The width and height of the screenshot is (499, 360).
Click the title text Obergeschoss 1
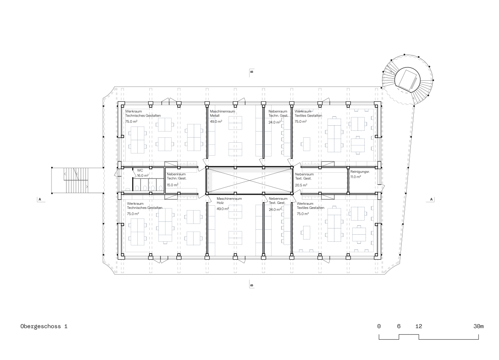pyautogui.click(x=44, y=327)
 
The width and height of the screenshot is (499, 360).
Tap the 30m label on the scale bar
pyautogui.click(x=479, y=326)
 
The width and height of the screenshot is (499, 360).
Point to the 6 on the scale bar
pyautogui.click(x=399, y=326)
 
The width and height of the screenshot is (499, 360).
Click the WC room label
pyautogui.click(x=140, y=171)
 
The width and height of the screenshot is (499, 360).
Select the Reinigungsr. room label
pyautogui.click(x=360, y=172)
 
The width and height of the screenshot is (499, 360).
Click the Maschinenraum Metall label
pyautogui.click(x=222, y=114)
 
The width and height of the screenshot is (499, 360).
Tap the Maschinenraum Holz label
pyautogui.click(x=229, y=201)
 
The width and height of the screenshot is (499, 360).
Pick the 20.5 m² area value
pyautogui.click(x=301, y=185)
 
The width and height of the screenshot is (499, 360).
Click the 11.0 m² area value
pyautogui.click(x=356, y=177)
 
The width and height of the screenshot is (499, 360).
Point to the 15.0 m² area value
pyautogui.click(x=173, y=185)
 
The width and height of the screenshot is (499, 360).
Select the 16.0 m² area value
pyautogui.click(x=143, y=176)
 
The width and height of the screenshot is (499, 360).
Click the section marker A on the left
pyautogui.click(x=40, y=199)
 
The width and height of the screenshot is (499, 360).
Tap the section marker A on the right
pyautogui.click(x=431, y=199)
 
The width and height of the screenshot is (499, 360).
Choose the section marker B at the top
pyautogui.click(x=252, y=72)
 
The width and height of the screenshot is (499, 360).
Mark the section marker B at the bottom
pyautogui.click(x=252, y=285)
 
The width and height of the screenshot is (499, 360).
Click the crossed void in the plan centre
pyautogui.click(x=249, y=180)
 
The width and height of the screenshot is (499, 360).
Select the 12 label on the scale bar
pyautogui.click(x=419, y=326)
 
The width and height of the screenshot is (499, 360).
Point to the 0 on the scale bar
pyautogui.click(x=379, y=326)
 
